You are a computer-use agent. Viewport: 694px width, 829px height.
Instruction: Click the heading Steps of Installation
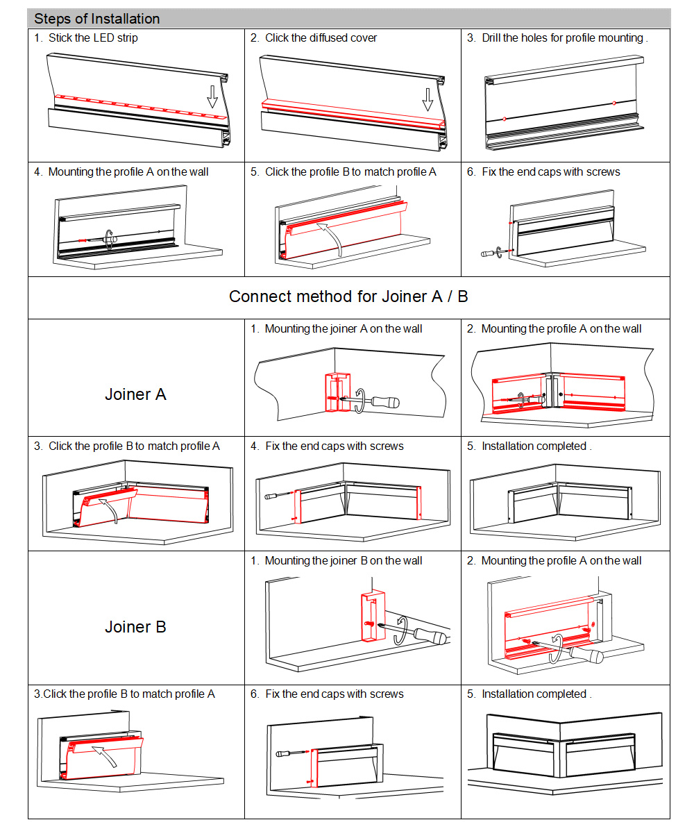[x=96, y=19]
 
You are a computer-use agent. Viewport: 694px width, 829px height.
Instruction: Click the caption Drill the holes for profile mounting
[x=564, y=38]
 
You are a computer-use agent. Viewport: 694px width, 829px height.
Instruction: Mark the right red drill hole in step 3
[x=613, y=103]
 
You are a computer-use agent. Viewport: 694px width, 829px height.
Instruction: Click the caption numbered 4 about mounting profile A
[x=121, y=172]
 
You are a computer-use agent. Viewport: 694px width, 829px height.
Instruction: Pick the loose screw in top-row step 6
[x=488, y=253]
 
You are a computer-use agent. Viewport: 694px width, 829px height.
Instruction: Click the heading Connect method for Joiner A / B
[x=348, y=297]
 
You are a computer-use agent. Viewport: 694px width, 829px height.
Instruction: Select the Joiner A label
[x=135, y=394]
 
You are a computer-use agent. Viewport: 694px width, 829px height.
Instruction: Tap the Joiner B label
[x=135, y=627]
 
